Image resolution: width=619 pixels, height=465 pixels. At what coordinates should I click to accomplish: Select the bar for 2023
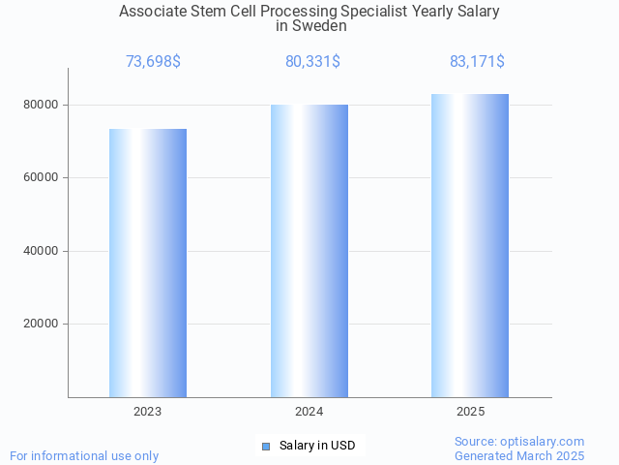148,263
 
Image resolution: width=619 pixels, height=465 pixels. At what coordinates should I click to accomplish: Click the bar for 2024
309,251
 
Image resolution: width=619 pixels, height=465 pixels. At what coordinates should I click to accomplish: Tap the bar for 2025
470,245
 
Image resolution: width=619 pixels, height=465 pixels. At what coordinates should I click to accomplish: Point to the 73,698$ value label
153,62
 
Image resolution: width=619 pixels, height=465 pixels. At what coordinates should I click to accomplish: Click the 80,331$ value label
312,62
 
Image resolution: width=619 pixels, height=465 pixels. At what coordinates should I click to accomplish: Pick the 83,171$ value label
477,62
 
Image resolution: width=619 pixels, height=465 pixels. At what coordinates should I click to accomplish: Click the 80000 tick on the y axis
41,105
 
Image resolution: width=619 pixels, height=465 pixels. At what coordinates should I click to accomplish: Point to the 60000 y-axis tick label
41,178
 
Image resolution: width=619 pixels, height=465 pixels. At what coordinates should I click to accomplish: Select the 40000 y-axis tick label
41,251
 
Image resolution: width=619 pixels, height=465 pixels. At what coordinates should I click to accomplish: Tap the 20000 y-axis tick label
41,325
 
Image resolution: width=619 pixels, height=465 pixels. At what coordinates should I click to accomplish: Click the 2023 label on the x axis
148,412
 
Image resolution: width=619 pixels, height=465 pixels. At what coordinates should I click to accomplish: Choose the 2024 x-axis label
309,412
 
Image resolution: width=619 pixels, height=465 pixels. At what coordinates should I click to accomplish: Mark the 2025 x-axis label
471,412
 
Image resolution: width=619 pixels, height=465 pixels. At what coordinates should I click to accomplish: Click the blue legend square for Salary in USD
266,446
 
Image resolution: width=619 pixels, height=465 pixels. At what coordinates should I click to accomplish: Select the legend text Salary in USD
317,446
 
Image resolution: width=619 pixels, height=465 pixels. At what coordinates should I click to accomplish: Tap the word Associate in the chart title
154,12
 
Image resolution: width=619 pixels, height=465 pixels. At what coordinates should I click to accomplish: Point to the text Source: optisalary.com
519,442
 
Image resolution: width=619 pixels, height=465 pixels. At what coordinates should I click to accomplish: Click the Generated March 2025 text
519,455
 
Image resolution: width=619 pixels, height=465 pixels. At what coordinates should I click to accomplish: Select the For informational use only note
84,455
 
